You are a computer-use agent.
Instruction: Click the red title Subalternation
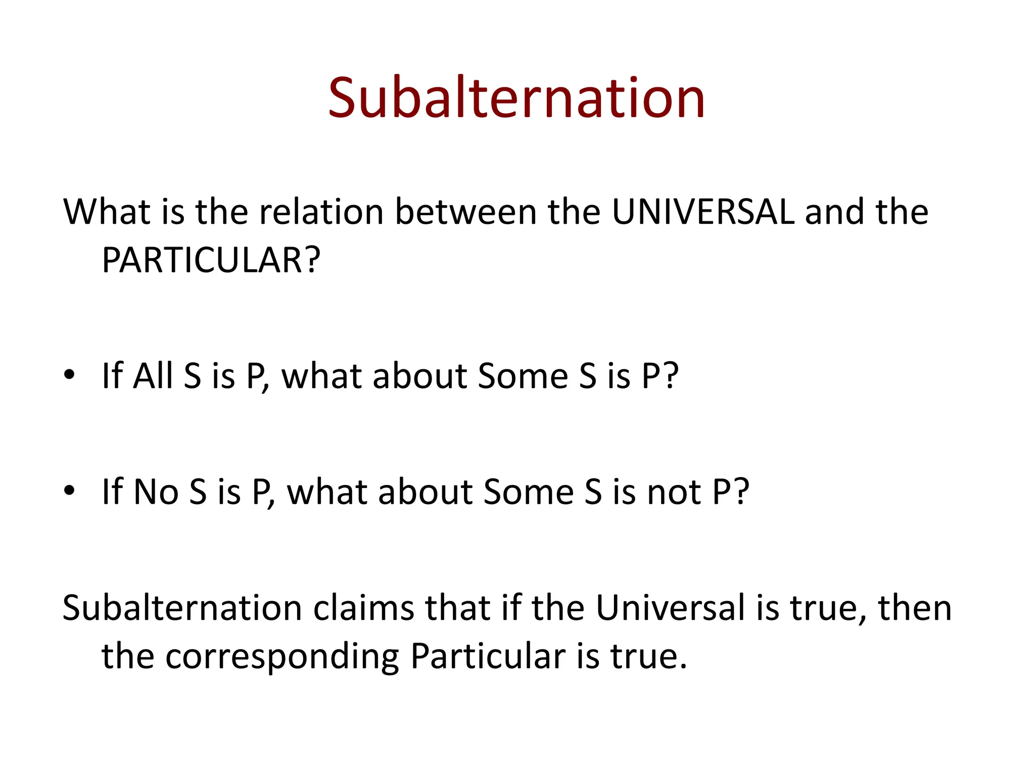(516, 98)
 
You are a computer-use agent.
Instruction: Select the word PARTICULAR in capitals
(202, 261)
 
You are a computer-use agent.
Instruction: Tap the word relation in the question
(321, 212)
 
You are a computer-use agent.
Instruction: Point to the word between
(465, 212)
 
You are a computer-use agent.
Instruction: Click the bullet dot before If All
(69, 376)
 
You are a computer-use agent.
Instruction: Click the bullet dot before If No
(69, 491)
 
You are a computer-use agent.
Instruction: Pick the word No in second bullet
(156, 492)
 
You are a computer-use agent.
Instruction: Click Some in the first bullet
(523, 376)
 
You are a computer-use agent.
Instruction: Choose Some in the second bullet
(529, 492)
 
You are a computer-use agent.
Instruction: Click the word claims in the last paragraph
(364, 608)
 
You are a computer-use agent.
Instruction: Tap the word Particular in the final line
(488, 656)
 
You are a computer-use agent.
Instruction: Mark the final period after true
(683, 667)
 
